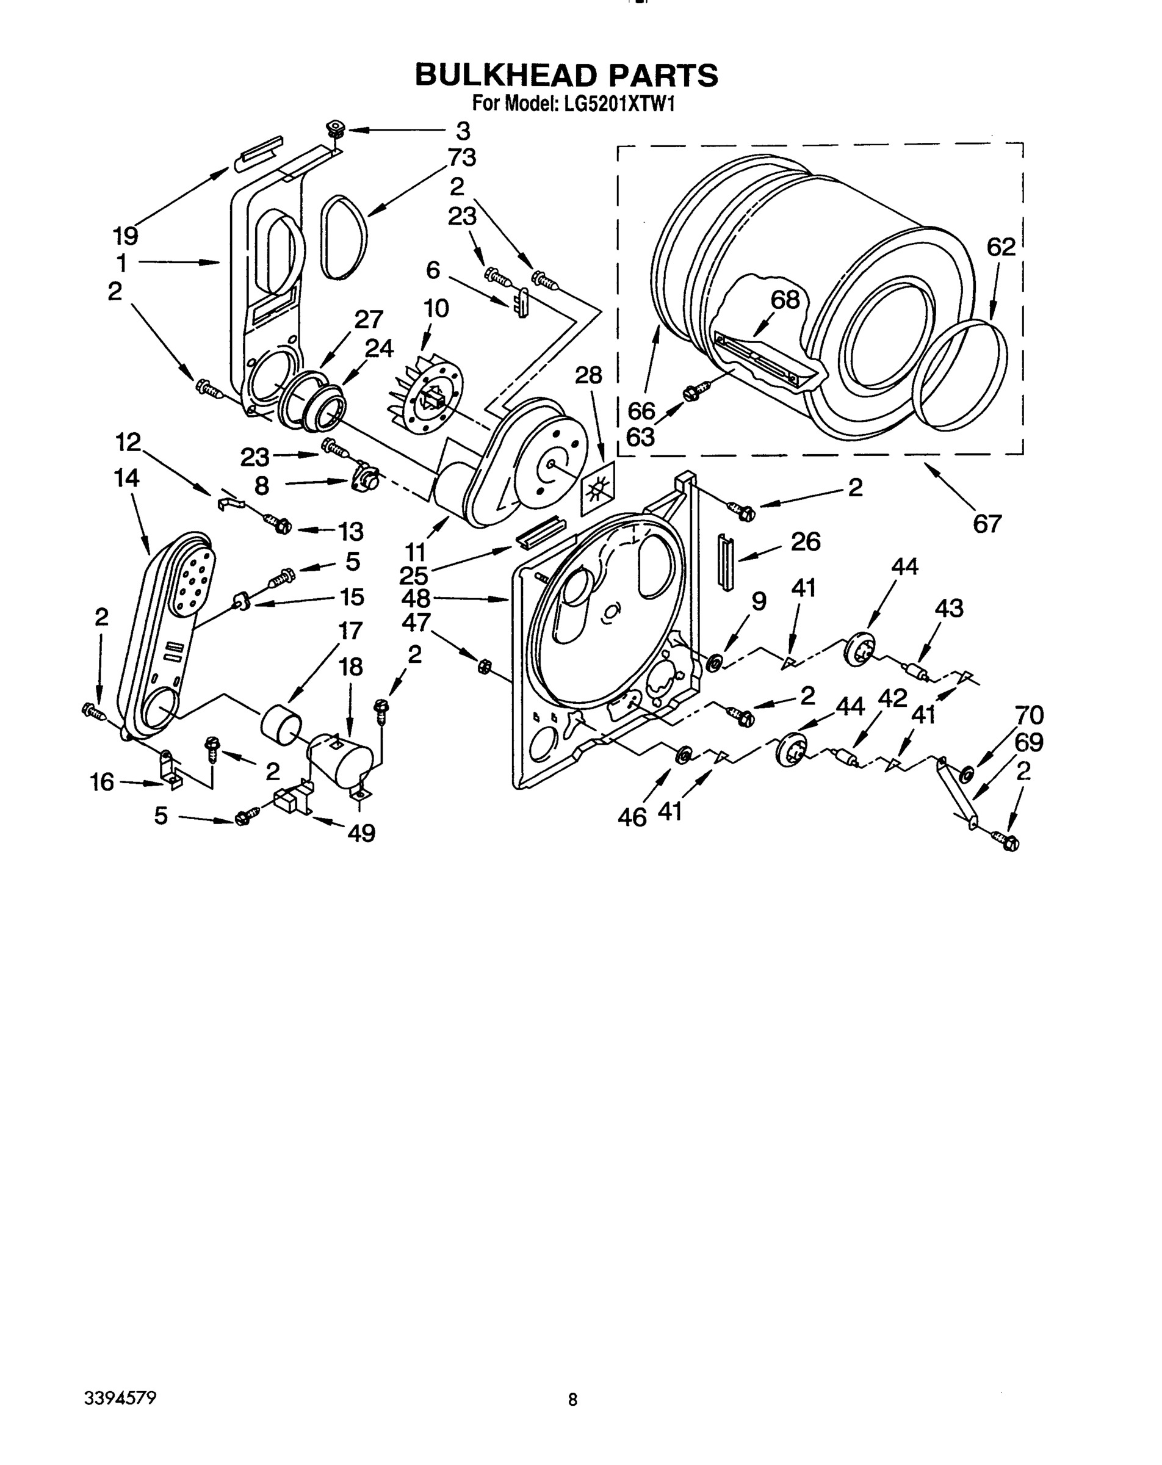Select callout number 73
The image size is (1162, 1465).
(x=462, y=157)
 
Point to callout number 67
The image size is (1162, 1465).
(x=987, y=524)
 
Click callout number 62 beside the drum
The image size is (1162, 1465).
(x=1001, y=247)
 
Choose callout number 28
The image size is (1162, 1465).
(x=588, y=374)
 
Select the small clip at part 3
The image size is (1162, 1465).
(x=335, y=128)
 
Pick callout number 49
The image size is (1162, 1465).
(x=361, y=833)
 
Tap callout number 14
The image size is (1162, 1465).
(x=126, y=479)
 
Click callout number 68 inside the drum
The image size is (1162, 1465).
(x=785, y=300)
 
